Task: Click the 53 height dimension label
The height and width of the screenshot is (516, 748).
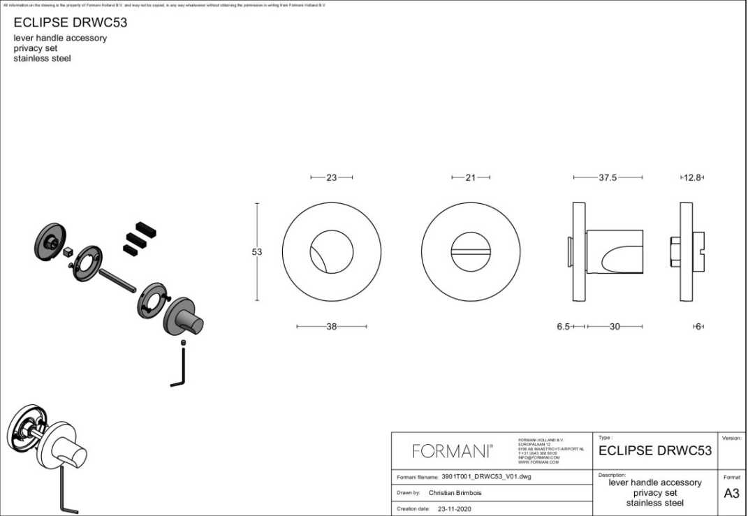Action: click(256, 252)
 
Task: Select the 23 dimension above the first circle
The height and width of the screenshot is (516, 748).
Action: click(331, 177)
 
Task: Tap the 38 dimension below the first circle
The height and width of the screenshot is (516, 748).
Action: click(331, 326)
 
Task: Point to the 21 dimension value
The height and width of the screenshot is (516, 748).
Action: click(471, 177)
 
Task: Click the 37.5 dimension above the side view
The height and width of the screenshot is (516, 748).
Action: click(608, 177)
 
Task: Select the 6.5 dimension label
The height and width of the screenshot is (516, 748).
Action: click(564, 327)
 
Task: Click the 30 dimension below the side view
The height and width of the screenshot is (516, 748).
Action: click(615, 327)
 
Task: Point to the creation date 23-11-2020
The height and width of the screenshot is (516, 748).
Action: click(454, 509)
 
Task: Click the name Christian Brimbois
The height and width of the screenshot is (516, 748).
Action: click(455, 493)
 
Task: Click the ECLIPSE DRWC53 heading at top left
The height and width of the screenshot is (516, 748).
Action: click(71, 22)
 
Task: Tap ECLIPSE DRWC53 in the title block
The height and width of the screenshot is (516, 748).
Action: click(655, 451)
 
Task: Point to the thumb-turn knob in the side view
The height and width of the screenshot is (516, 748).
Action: click(615, 252)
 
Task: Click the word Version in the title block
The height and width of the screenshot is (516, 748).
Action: click(731, 438)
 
